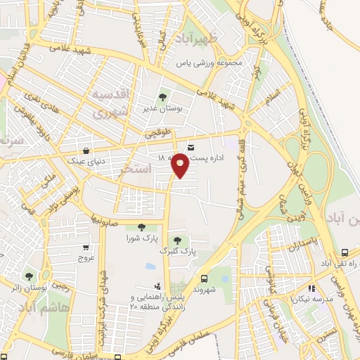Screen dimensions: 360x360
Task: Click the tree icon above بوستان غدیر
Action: point(162,98)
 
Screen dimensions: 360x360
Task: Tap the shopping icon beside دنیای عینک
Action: point(86,150)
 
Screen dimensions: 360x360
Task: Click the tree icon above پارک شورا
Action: point(142,226)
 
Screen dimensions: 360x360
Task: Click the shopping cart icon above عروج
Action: point(86,247)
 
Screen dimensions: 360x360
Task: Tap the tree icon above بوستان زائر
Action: point(29,276)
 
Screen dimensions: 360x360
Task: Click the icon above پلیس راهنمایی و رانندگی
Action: point(157,286)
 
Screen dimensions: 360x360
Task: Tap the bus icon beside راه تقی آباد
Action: point(345,252)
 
